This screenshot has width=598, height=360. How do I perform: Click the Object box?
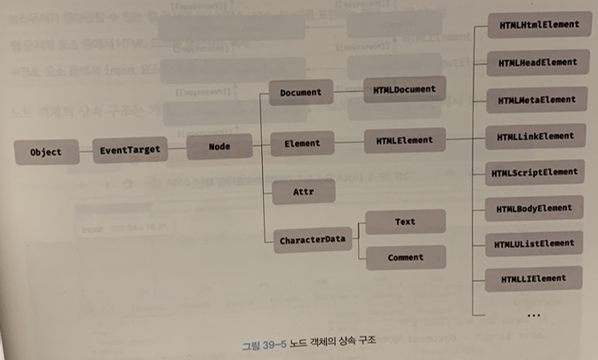tap(45, 152)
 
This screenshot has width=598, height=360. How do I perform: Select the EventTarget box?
tap(130, 151)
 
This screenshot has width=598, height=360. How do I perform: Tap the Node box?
tap(219, 149)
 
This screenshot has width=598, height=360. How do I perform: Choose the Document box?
tap(299, 92)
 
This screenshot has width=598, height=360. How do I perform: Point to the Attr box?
tap(302, 192)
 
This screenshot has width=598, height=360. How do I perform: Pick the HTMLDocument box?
tap(404, 90)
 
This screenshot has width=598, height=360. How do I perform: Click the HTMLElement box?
tap(404, 140)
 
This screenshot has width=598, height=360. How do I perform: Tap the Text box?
tap(404, 222)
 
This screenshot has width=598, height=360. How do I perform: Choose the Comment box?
tap(404, 259)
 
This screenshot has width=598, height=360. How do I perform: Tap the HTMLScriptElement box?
tap(536, 172)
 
